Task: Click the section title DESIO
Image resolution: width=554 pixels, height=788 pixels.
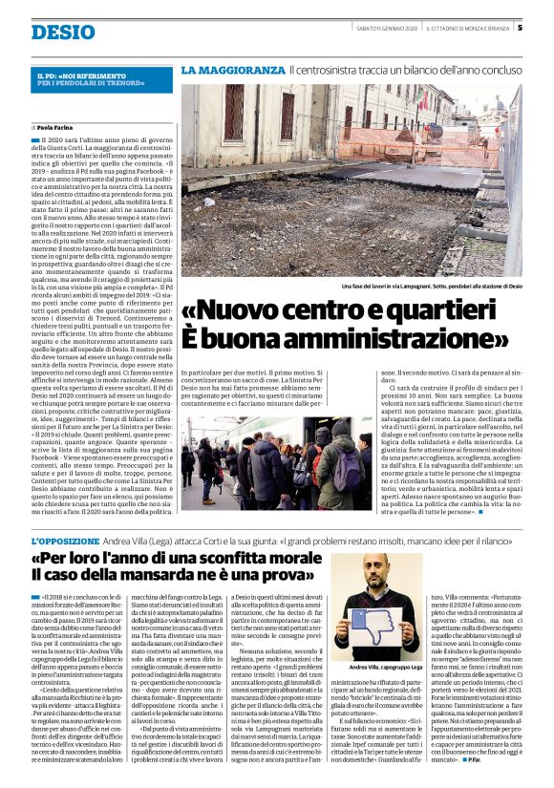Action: tap(63, 32)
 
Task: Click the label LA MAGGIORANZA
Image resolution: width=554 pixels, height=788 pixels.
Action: tap(233, 71)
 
